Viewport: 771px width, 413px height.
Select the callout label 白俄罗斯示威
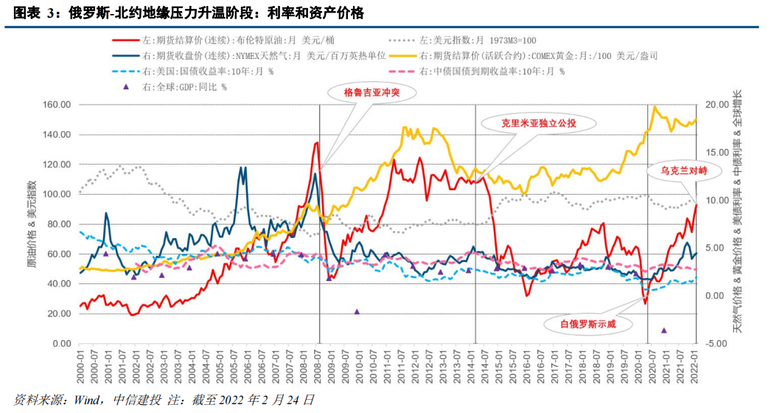(587, 324)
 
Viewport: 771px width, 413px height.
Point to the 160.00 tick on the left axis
(57, 105)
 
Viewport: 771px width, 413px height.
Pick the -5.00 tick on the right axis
(716, 344)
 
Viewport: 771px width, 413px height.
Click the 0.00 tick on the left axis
(62, 344)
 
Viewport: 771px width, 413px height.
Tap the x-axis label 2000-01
(80, 364)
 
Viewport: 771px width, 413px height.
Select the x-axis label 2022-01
(695, 364)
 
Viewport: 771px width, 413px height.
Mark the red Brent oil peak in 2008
(317, 143)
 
